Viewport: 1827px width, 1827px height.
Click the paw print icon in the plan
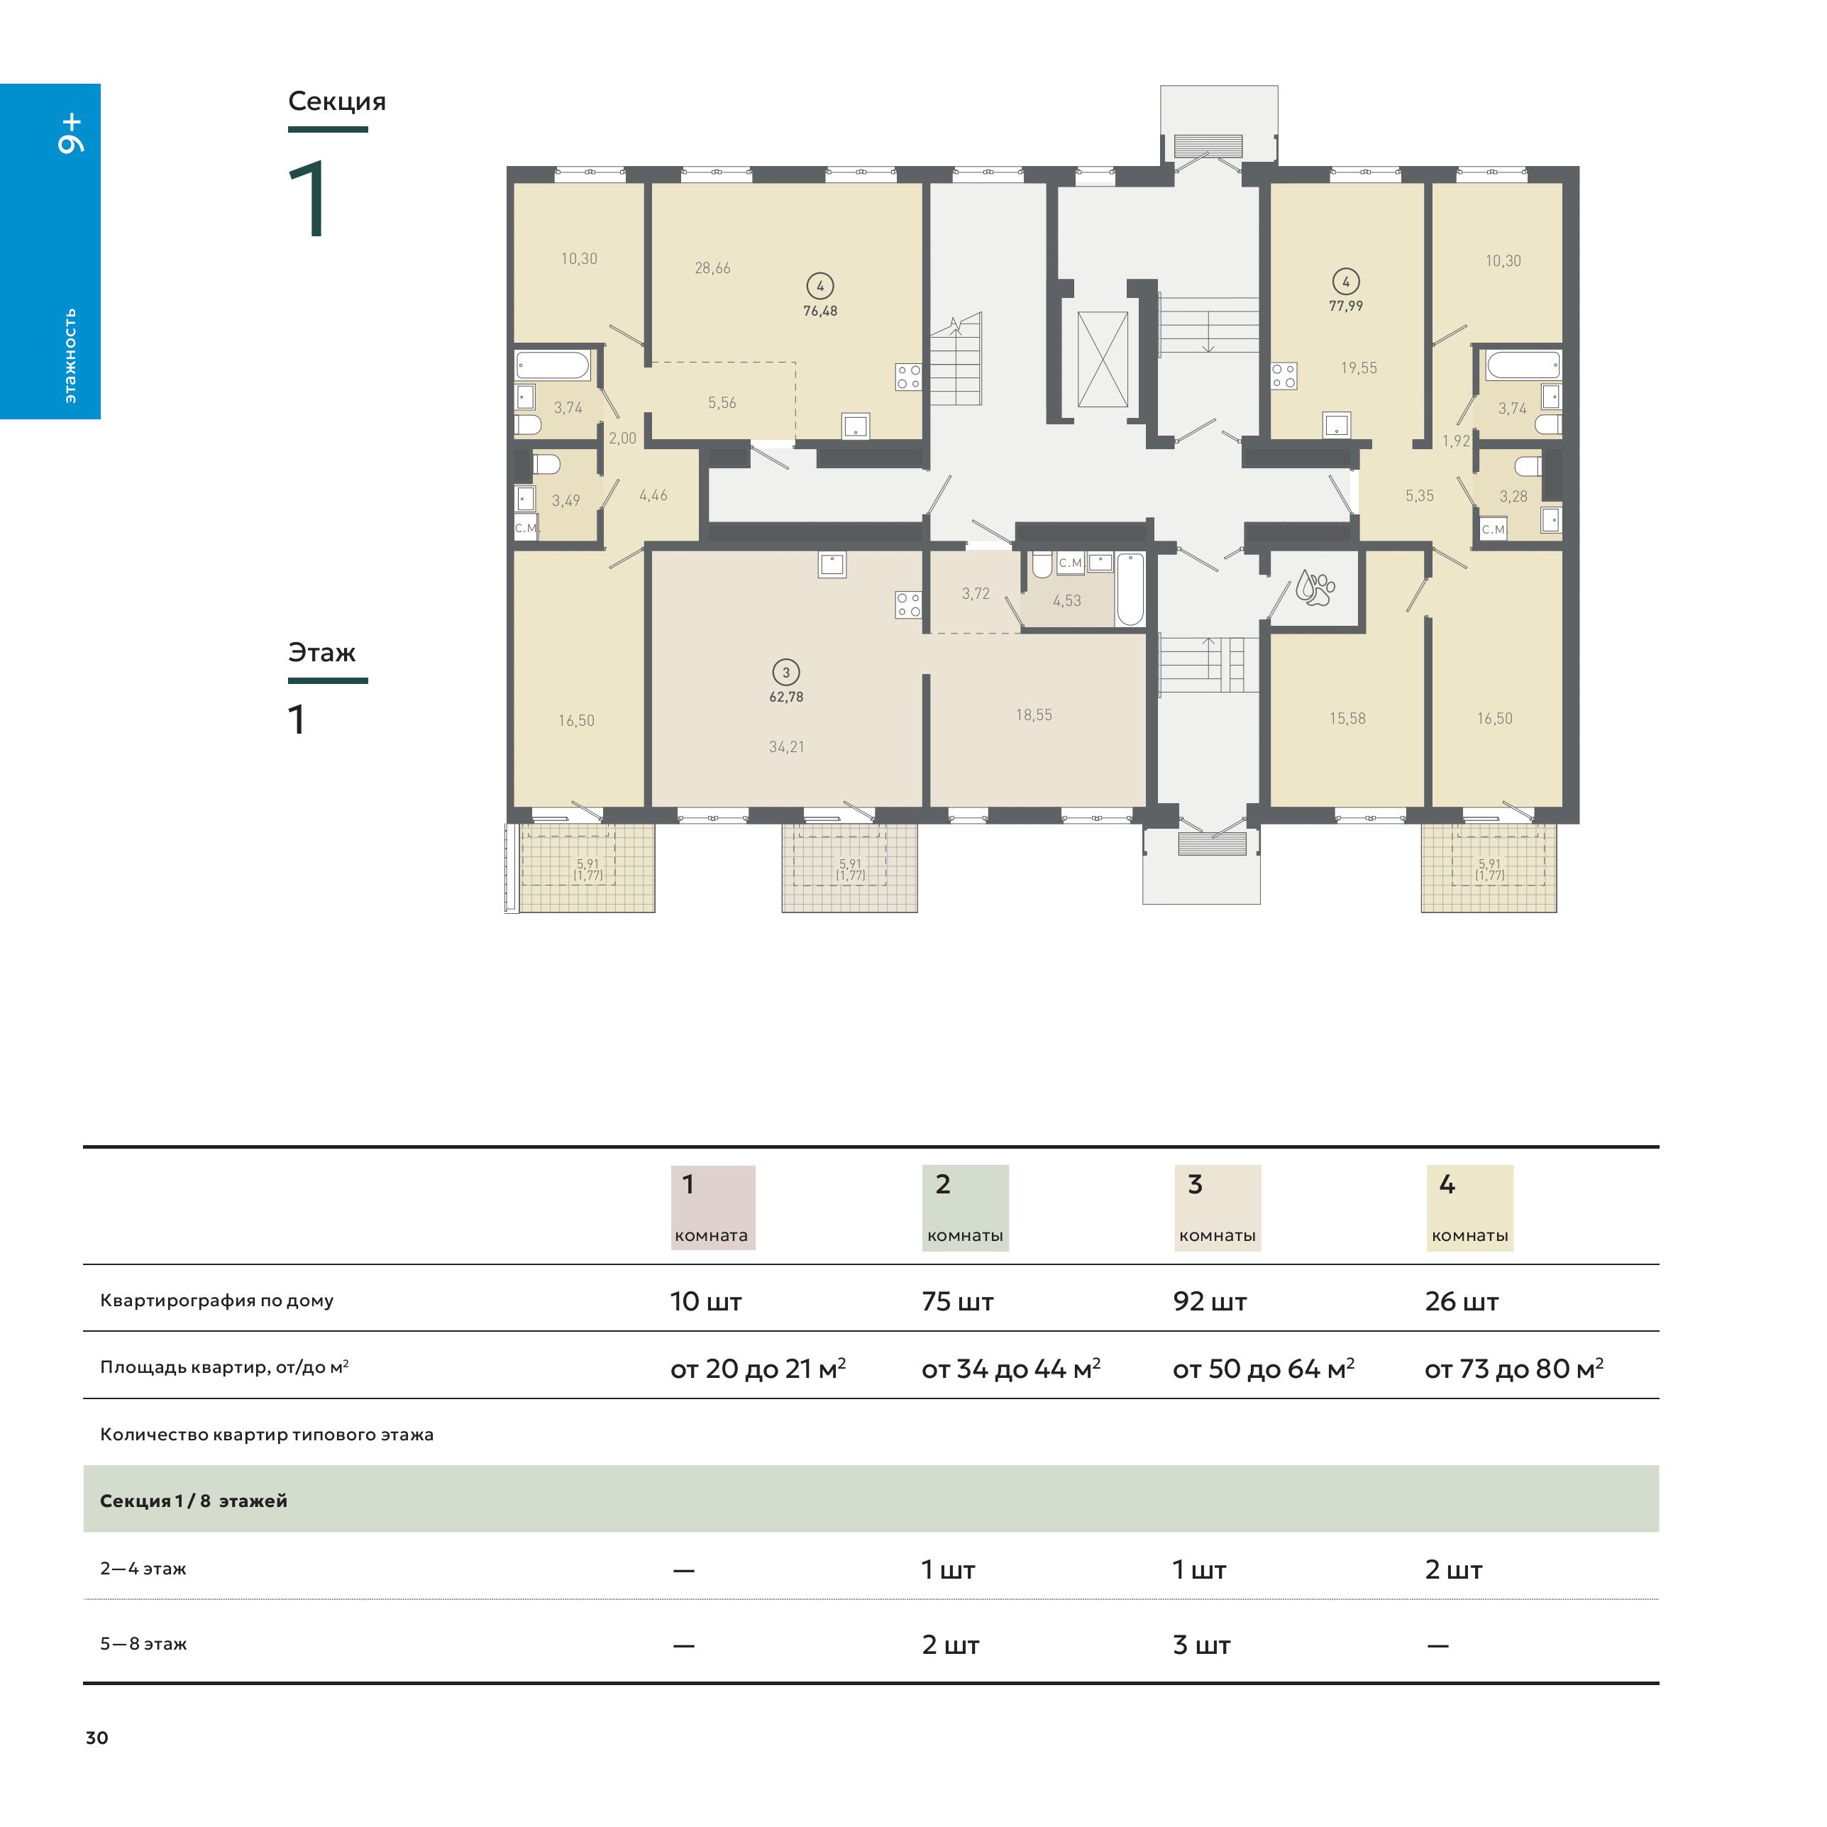click(x=1315, y=587)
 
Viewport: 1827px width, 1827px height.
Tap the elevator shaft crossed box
click(x=1103, y=359)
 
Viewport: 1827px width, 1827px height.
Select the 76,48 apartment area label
click(x=820, y=311)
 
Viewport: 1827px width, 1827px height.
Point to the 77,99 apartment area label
click(x=1346, y=307)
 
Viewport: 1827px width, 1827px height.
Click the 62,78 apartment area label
click(x=786, y=697)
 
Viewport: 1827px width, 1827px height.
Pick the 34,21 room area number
click(x=786, y=747)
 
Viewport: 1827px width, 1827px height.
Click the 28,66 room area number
click(x=712, y=269)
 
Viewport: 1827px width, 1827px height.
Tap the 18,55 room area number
click(x=1034, y=715)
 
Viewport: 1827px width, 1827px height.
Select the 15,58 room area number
click(x=1347, y=719)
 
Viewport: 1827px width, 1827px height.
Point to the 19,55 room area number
click(x=1359, y=368)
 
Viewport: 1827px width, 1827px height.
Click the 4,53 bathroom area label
click(x=1066, y=600)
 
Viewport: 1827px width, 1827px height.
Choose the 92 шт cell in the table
click(x=1210, y=1301)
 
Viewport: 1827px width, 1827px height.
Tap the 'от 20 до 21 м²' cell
click(x=758, y=1369)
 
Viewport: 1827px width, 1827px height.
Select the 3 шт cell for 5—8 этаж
click(x=1201, y=1645)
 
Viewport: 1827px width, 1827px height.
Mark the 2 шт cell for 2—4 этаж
click(x=1454, y=1569)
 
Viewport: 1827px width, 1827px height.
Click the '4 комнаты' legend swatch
click(x=1469, y=1208)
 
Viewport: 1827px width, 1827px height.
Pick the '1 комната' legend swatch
click(x=713, y=1208)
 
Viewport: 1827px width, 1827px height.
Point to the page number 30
click(x=96, y=1738)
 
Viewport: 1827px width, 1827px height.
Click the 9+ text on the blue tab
click(x=71, y=134)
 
